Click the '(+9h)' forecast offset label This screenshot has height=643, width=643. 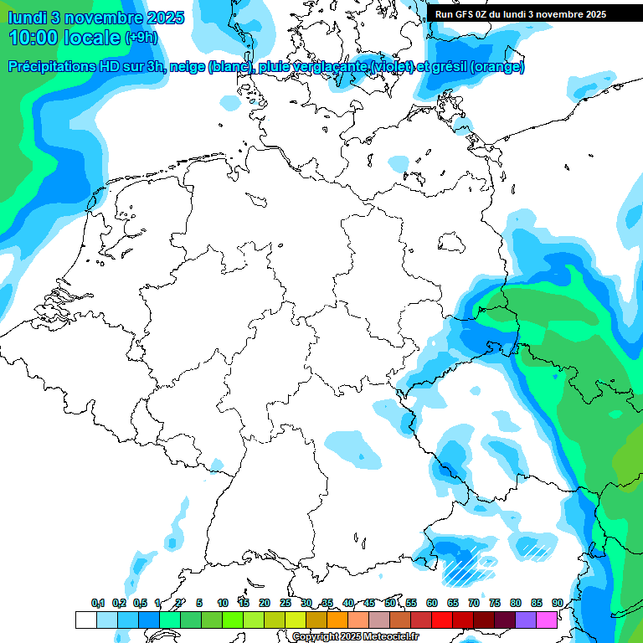pyautogui.click(x=141, y=38)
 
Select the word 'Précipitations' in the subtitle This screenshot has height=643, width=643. pyautogui.click(x=57, y=67)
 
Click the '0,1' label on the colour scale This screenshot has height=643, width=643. pyautogui.click(x=98, y=603)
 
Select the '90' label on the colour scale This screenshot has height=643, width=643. pyautogui.click(x=557, y=603)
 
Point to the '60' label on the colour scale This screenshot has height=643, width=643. pyautogui.click(x=431, y=603)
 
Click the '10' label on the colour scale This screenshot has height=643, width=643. pyautogui.click(x=222, y=603)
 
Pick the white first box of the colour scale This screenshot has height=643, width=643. pyautogui.click(x=85, y=620)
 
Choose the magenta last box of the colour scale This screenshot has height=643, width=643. pyautogui.click(x=546, y=620)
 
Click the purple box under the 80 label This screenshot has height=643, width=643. pyautogui.click(x=525, y=620)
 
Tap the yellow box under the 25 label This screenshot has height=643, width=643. pyautogui.click(x=295, y=620)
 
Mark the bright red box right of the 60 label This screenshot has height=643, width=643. pyautogui.click(x=441, y=620)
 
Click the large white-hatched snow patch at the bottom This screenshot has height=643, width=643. pyautogui.click(x=466, y=567)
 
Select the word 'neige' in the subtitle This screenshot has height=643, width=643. pyautogui.click(x=187, y=67)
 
